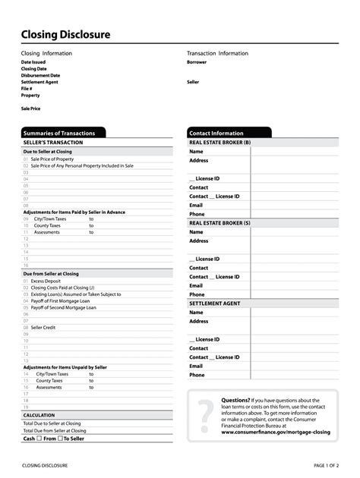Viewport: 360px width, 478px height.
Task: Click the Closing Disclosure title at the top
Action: (x=65, y=35)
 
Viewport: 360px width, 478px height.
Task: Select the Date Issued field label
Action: (x=34, y=62)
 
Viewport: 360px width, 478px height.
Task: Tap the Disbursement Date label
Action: (x=40, y=76)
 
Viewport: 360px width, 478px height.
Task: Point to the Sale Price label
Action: (x=31, y=108)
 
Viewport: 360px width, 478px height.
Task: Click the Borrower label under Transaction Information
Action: (x=197, y=62)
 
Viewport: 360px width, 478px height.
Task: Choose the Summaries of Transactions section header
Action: (x=59, y=133)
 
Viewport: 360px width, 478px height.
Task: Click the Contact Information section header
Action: (x=216, y=133)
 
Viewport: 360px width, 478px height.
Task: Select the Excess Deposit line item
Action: (x=46, y=281)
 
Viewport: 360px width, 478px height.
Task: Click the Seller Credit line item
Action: (x=43, y=327)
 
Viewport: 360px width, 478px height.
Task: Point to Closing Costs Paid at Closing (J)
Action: (x=62, y=288)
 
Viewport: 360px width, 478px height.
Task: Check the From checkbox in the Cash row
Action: (x=39, y=439)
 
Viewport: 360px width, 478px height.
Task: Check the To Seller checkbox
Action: (x=60, y=439)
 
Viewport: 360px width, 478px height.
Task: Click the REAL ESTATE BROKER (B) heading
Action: (x=220, y=142)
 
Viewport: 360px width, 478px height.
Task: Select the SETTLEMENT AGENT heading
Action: (x=215, y=303)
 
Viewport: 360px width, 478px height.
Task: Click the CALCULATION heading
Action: (x=39, y=415)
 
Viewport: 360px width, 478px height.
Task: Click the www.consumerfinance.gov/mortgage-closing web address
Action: (x=276, y=432)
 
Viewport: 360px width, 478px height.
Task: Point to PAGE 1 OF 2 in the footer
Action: (x=326, y=465)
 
